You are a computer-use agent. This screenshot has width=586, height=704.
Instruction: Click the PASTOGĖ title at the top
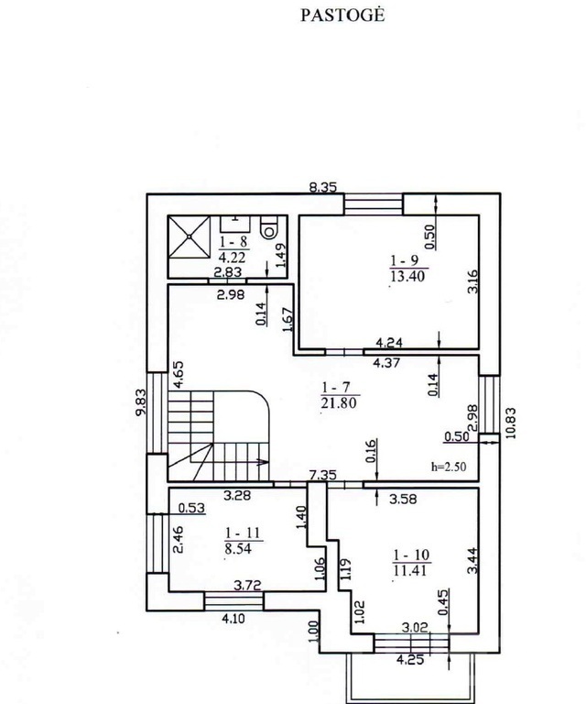pos(342,16)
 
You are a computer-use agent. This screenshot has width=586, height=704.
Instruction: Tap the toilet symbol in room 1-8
pos(269,227)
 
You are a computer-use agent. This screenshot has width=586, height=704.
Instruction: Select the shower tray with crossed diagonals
pos(190,237)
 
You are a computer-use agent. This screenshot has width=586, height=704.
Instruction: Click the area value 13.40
pos(407,276)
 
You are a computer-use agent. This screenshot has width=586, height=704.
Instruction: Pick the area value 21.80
pos(339,402)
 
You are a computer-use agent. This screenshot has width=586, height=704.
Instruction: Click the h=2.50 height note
pos(449,467)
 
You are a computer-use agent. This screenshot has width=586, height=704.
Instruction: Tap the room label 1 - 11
pos(243,533)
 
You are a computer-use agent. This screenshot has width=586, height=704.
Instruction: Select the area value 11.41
pos(411,571)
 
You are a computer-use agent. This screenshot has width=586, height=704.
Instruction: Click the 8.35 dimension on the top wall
pos(323,187)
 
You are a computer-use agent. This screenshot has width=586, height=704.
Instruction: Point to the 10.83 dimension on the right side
pos(511,423)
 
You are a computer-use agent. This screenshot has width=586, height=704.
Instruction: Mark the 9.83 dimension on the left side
pos(142,402)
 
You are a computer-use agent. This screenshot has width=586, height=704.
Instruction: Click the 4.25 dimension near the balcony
pos(410,660)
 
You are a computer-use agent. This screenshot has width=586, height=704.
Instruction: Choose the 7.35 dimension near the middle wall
pos(323,475)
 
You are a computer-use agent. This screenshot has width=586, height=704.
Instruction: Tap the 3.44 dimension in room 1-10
pos(472,560)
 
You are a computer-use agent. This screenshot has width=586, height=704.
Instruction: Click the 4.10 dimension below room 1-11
pos(233,619)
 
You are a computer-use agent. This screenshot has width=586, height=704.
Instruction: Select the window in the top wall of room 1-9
pos(374,204)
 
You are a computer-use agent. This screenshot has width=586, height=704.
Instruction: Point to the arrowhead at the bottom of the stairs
pos(263,462)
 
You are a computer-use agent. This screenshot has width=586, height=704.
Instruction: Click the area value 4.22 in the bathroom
pos(232,258)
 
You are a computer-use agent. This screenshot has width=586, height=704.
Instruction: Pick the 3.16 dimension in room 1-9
pos(472,281)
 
